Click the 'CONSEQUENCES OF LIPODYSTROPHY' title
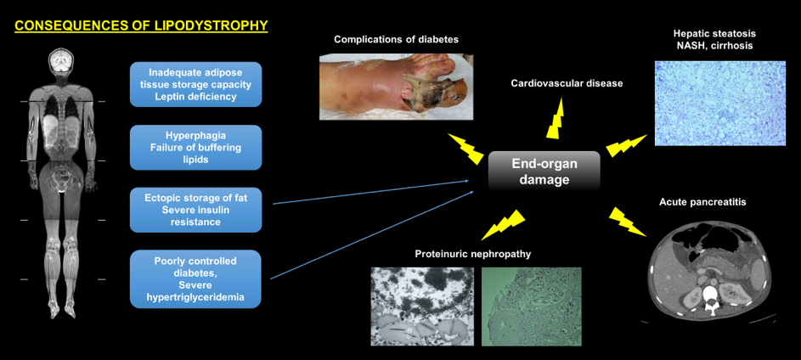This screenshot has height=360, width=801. tap(141, 25)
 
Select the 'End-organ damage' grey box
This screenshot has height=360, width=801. tap(544, 172)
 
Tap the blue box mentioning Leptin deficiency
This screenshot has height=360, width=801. tap(195, 84)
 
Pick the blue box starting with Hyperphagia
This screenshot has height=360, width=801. tap(195, 148)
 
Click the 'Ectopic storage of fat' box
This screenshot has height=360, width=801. tap(195, 210)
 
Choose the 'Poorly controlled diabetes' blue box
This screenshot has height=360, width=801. tap(195, 278)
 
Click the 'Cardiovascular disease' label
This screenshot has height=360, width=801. tap(567, 82)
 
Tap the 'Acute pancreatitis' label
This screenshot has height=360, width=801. tap(701, 202)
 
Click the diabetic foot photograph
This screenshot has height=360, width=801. tap(397, 87)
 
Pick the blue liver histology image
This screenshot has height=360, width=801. tap(719, 103)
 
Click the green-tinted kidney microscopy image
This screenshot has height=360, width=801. tap(531, 307)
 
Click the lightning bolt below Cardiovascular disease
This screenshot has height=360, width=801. tap(556, 118)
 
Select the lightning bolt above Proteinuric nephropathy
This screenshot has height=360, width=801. tap(504, 224)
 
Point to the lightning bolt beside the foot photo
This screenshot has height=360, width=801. tap(465, 148)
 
